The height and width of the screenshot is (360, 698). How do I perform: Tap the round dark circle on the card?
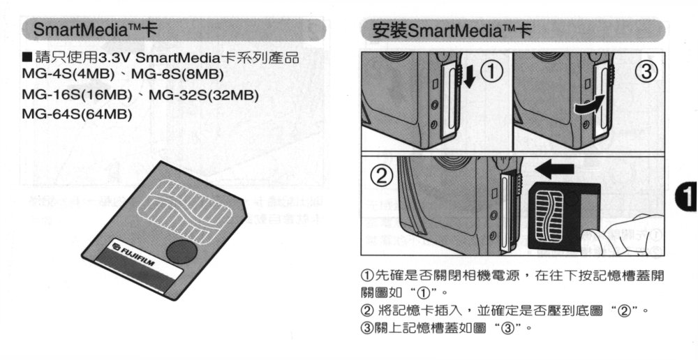181,251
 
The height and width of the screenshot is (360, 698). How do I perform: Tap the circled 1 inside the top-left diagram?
493,71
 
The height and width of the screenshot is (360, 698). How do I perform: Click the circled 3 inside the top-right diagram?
647,71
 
